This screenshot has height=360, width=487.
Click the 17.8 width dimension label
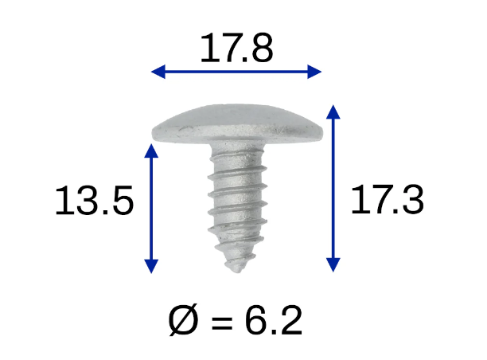[x=236, y=49]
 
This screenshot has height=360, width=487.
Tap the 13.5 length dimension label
[x=93, y=202]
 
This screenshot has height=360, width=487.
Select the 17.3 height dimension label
[x=388, y=202]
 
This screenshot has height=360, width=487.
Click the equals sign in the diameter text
[x=222, y=323]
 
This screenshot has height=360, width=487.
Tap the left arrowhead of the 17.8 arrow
[x=158, y=72]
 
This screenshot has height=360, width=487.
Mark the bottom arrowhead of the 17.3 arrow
[x=334, y=265]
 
